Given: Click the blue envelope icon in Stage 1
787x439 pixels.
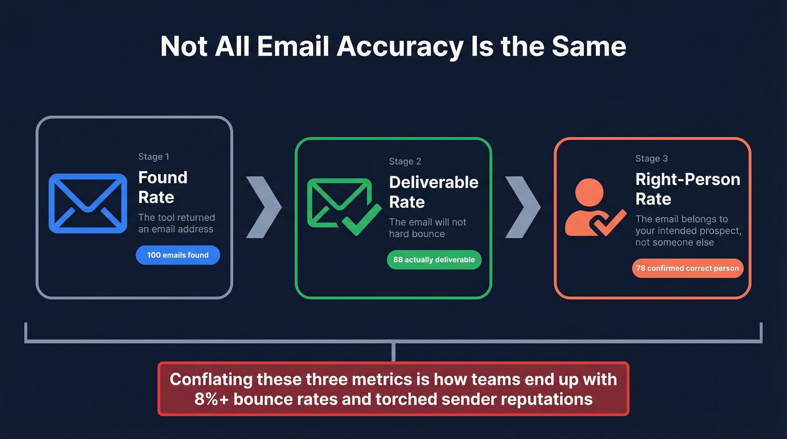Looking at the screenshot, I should [x=88, y=203].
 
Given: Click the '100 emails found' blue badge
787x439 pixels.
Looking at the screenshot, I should [x=178, y=255].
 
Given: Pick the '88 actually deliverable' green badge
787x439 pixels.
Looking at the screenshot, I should [x=434, y=260].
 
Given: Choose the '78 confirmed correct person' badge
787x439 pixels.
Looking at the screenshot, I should [x=688, y=268].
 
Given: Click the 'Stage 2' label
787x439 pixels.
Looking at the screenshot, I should [x=405, y=161].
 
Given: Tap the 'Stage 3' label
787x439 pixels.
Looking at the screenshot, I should [x=652, y=159].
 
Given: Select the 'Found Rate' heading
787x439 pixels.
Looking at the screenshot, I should [x=162, y=187].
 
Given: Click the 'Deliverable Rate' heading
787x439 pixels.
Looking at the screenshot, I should [x=433, y=192].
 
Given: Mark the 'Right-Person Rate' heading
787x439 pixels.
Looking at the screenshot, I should [x=688, y=189].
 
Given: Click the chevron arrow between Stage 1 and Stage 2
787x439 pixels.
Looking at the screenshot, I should [x=264, y=206].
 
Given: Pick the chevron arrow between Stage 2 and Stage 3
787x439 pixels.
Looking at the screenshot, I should [x=522, y=206].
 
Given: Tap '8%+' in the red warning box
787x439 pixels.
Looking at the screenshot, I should [x=211, y=399].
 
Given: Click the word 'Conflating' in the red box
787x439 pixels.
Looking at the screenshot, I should [x=211, y=379].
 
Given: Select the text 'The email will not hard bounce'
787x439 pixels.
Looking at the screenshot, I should [x=427, y=228].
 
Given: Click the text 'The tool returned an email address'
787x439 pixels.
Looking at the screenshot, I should [x=177, y=223].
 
